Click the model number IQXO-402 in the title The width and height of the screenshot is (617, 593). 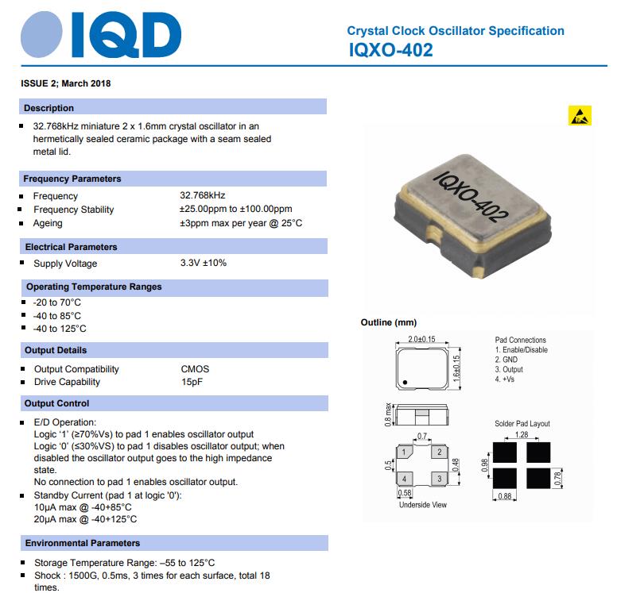390,50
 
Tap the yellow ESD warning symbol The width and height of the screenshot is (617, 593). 580,116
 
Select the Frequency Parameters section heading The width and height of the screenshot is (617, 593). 72,179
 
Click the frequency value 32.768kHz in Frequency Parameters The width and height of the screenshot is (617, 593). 202,196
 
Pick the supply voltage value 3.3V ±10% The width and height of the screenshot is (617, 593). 203,264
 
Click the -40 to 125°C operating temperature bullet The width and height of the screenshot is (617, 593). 60,329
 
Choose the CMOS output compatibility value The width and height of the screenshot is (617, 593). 195,369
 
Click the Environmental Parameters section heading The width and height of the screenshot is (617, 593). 83,543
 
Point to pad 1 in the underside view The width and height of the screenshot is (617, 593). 405,453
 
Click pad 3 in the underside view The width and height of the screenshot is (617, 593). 438,479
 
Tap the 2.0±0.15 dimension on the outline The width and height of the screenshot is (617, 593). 422,340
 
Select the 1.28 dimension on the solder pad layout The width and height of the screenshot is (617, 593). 521,434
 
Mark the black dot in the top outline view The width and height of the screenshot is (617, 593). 405,383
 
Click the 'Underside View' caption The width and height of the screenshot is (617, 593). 422,505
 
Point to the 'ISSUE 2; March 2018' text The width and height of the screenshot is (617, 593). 66,83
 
